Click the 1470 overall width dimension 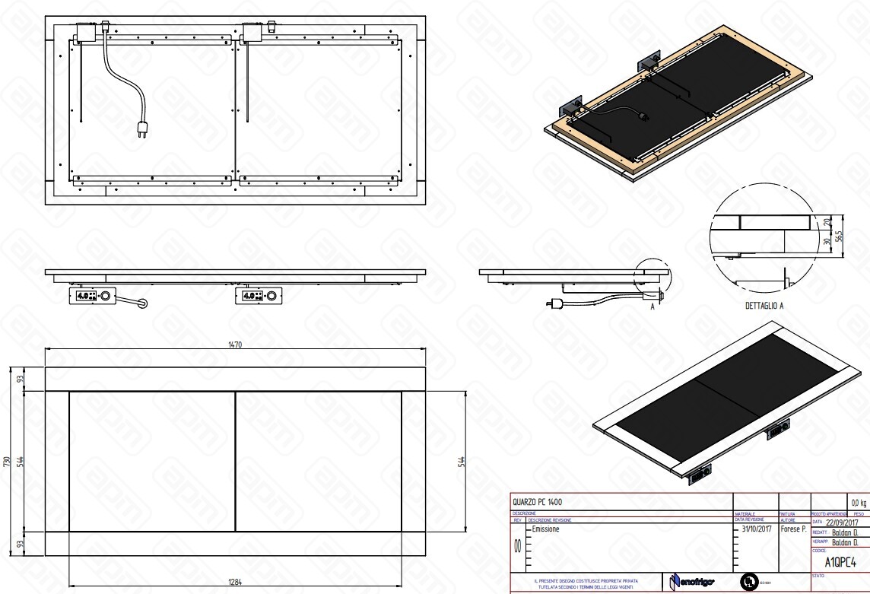pyautogui.click(x=235, y=345)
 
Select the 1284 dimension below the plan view pyautogui.click(x=235, y=582)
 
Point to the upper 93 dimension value pyautogui.click(x=20, y=379)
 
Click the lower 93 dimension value pyautogui.click(x=20, y=544)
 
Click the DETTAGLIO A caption pyautogui.click(x=764, y=306)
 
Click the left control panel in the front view pyautogui.click(x=90, y=295)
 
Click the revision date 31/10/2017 pyautogui.click(x=756, y=529)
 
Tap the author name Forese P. pyautogui.click(x=793, y=529)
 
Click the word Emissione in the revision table pyautogui.click(x=546, y=529)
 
